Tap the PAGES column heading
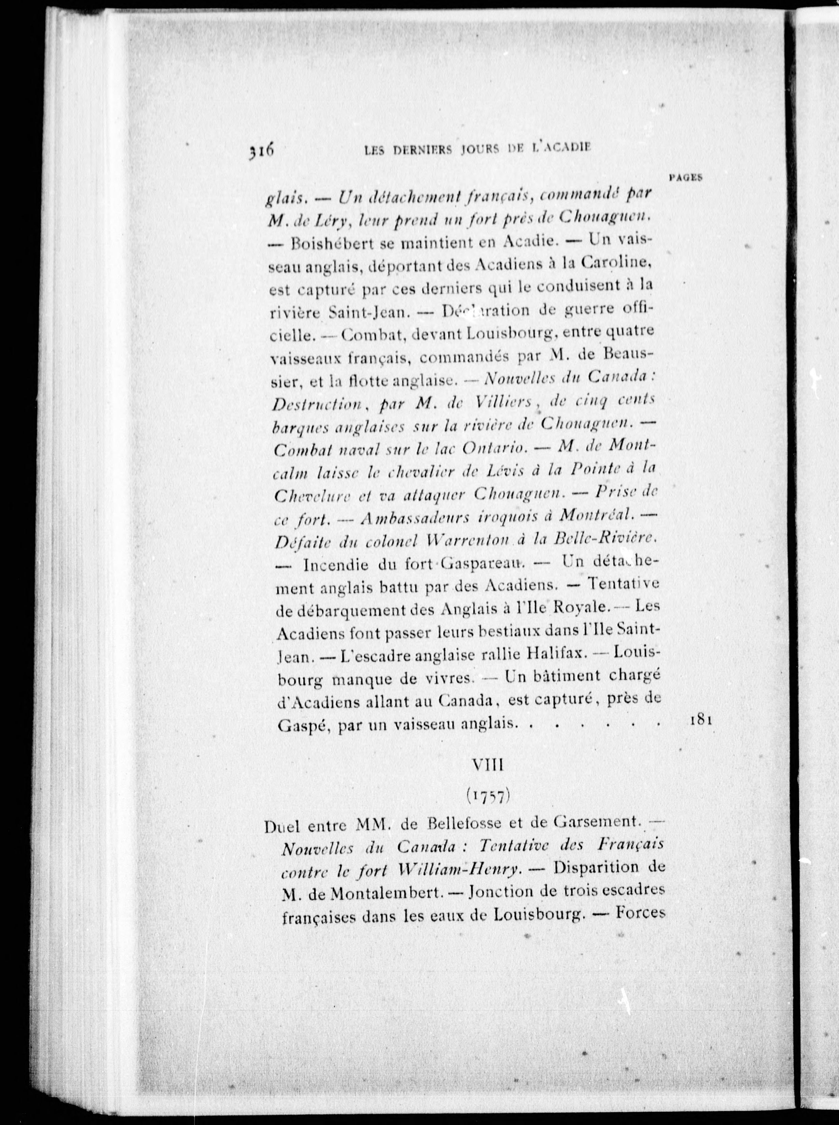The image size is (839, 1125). pyautogui.click(x=685, y=178)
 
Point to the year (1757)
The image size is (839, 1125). pyautogui.click(x=488, y=796)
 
